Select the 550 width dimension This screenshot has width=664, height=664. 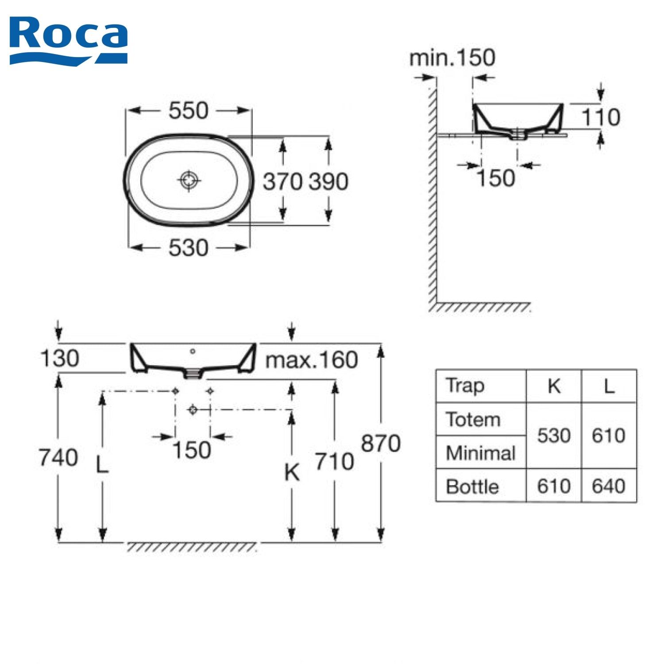point(188,110)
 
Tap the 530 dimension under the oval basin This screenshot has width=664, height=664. point(188,247)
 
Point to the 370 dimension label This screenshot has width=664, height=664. point(282,181)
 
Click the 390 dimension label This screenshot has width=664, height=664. point(328,181)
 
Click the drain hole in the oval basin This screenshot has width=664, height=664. point(189,180)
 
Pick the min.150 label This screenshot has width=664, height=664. point(452,58)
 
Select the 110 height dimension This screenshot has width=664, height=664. point(601,117)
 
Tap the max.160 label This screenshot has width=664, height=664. point(312,360)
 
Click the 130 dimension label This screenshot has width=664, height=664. point(59,358)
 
